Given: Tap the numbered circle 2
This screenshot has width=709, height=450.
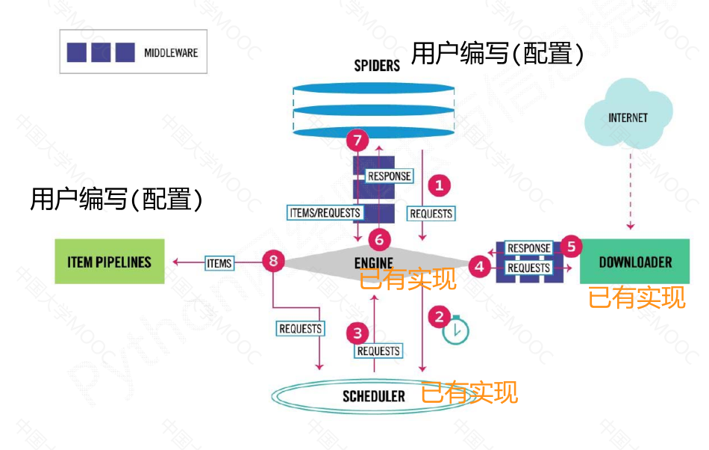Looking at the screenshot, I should (440, 316).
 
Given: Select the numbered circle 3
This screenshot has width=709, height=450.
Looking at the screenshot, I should (359, 333).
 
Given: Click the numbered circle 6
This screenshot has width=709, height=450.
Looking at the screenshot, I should (379, 239).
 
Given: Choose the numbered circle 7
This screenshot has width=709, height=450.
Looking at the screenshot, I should (358, 140).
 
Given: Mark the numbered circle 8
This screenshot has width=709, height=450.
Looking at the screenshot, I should (274, 261).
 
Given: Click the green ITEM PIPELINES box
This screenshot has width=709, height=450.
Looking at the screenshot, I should (110, 262).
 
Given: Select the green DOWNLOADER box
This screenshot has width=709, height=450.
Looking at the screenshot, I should (635, 262).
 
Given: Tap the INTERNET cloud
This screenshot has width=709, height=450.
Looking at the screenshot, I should (628, 117).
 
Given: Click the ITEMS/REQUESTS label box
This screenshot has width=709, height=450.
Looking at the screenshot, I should (325, 212).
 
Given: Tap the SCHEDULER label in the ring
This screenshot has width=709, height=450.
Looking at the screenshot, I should (374, 396).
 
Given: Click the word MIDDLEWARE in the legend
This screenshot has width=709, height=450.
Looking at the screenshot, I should (171, 53).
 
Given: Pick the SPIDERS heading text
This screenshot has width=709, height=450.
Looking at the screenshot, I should (377, 66).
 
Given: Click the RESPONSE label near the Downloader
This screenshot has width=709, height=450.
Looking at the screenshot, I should (528, 248).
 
